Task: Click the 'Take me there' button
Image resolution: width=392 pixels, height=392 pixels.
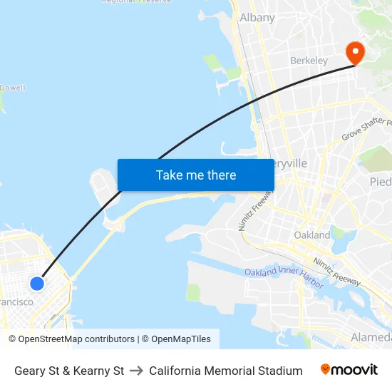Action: tap(196, 175)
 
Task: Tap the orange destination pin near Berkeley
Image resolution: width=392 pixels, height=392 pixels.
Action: tap(354, 52)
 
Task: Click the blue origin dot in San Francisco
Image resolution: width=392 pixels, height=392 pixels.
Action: tap(37, 284)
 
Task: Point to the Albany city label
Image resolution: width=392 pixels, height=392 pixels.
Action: tap(257, 17)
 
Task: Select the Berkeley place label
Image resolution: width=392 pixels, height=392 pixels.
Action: tap(309, 61)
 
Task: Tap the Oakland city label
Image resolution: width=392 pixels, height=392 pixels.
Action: tap(311, 234)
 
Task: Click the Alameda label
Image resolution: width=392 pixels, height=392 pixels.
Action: tap(371, 336)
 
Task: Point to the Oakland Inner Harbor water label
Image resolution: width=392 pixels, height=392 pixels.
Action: tap(284, 277)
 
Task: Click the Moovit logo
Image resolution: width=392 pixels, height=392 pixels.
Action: tap(349, 370)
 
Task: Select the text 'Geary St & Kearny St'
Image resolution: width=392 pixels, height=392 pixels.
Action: tap(69, 371)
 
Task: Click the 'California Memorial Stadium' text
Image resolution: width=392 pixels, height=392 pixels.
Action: tap(226, 371)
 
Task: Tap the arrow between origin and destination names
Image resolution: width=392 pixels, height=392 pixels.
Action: tap(136, 371)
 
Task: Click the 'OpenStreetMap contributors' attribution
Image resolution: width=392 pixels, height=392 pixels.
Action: tap(76, 339)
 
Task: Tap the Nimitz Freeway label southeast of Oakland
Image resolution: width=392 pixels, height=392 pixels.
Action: tap(337, 272)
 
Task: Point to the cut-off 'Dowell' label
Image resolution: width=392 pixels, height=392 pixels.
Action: tap(12, 88)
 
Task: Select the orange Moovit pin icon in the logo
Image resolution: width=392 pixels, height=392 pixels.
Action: tap(326, 369)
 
